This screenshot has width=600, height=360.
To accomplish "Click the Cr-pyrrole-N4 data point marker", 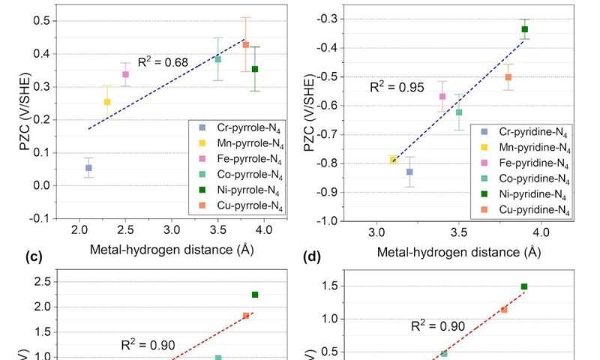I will point(88,168).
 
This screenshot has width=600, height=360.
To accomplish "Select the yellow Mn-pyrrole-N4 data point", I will point(107,102).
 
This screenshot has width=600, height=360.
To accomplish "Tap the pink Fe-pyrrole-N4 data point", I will point(126,74).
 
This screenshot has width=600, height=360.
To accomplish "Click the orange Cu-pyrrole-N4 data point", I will point(245,45).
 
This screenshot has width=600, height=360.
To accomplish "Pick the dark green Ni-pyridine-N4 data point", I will point(525,29).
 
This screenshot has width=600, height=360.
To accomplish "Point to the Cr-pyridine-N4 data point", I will point(409,172).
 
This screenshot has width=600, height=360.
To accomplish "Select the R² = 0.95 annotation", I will point(394,87).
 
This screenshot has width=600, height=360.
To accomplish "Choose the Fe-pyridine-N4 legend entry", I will point(526,162).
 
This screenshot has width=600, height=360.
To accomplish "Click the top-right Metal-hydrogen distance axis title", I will point(458,251).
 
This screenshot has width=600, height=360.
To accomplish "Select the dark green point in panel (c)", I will point(255,295).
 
